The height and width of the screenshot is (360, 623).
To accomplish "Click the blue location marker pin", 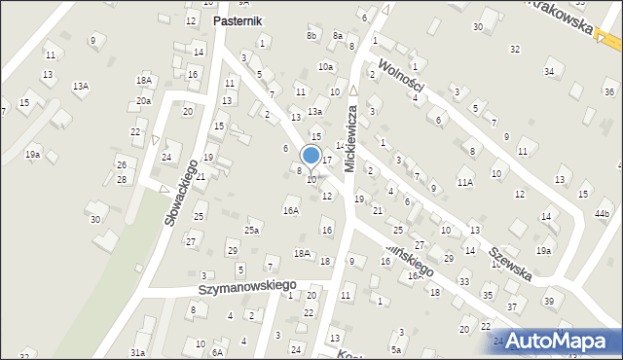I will click(x=311, y=156).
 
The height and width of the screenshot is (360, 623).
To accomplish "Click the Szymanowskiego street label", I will click(x=247, y=287).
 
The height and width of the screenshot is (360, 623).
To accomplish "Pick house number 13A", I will click(x=81, y=87).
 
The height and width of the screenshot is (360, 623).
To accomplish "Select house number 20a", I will click(x=143, y=101).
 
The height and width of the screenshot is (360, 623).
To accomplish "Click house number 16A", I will click(x=290, y=210).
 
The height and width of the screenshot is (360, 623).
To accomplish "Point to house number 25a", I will click(x=252, y=231).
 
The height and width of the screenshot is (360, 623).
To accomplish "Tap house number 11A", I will click(x=465, y=182).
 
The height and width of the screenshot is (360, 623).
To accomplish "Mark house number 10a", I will click(x=325, y=67).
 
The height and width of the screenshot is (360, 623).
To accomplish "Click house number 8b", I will click(x=311, y=36).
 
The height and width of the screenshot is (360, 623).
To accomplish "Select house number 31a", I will click(x=138, y=352).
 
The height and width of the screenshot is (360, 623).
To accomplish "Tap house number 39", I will click(x=548, y=301).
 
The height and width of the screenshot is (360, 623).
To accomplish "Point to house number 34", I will click(x=550, y=71).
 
